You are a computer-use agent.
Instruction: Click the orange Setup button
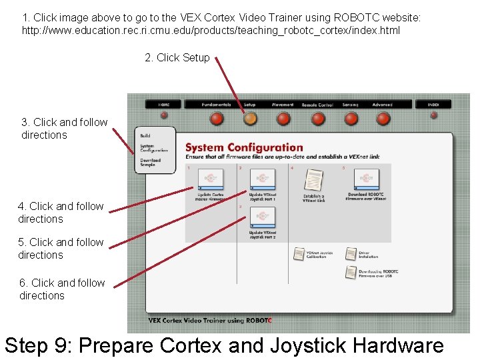coord(249,119)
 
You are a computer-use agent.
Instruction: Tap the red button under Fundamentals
coord(217,119)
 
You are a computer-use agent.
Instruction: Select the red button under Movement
coord(283,119)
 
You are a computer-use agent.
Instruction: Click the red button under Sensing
coord(351,119)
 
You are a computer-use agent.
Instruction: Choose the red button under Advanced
coord(383,119)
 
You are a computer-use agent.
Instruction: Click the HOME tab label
coord(164,105)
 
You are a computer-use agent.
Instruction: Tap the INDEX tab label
coord(433,105)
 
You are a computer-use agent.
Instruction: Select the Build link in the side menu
coord(145,135)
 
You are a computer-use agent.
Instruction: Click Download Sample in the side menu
coord(150,162)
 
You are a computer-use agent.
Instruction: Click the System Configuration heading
coord(244,147)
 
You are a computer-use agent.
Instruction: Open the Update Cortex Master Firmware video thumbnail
coord(211,179)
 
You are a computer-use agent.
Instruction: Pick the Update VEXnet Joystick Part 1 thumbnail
coord(262,179)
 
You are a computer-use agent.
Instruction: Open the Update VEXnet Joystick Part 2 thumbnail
coord(262,217)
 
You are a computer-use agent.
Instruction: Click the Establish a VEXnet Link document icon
coord(313,179)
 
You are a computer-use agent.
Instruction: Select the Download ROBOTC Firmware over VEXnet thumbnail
coord(366,179)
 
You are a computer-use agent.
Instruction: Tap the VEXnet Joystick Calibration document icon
coord(299,254)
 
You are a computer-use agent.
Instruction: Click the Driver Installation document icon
coord(351,254)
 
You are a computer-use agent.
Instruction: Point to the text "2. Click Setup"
coord(177,58)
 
